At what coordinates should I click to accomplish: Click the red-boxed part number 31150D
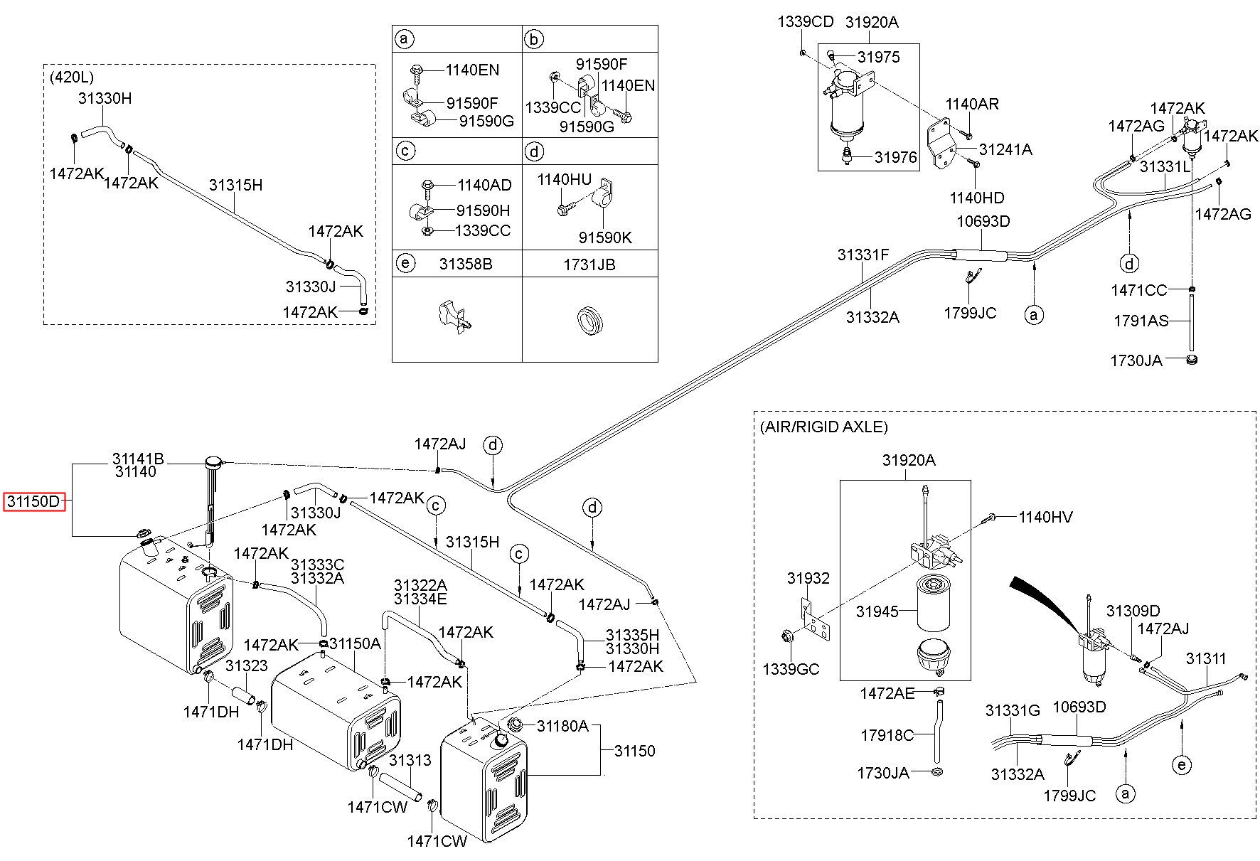coord(33,501)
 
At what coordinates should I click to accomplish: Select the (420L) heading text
coord(71,77)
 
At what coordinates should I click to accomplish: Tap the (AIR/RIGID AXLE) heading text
coord(823,427)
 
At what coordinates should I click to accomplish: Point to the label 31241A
coord(1005,149)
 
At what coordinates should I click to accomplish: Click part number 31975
coord(878,57)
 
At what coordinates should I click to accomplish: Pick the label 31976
coord(896,158)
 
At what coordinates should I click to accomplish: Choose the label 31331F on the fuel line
coord(863,255)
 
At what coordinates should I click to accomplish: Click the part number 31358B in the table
coord(465,264)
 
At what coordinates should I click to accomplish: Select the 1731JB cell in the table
coord(589,264)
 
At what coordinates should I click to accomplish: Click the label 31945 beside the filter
coord(877,611)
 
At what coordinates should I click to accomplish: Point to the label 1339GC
coord(791,669)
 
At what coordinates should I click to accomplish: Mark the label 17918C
coord(887,736)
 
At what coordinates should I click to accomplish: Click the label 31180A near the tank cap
coord(562,726)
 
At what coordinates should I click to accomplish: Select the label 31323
coord(246,666)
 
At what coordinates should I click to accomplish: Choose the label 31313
coord(410,761)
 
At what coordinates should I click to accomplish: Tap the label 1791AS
coord(1141,321)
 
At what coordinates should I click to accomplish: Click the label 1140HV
coord(1045,518)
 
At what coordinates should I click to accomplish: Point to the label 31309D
coord(1133,611)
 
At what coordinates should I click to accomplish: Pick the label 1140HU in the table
coord(564,179)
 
